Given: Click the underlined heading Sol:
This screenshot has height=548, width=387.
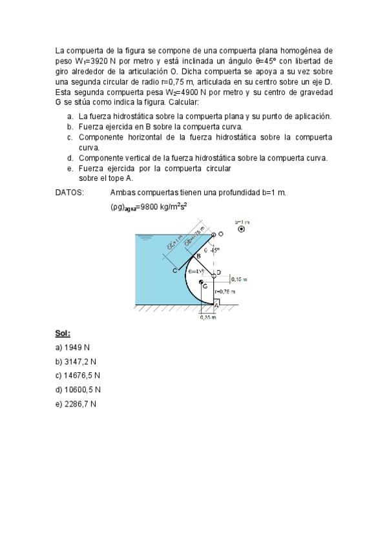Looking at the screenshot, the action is coord(62,333).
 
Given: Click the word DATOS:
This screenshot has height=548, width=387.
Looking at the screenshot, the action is coord(69,193).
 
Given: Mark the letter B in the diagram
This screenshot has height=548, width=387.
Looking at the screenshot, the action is coord(198,257).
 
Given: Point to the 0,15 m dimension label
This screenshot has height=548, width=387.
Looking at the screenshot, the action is coord(240,280).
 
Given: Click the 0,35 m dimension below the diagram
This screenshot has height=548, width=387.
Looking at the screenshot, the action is coord(208,317).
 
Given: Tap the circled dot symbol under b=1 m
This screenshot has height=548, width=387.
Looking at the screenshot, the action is coord(242,229).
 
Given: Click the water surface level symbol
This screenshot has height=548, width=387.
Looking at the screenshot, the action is coord(146,238).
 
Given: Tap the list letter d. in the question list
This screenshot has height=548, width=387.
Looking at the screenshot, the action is coord(69,158).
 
